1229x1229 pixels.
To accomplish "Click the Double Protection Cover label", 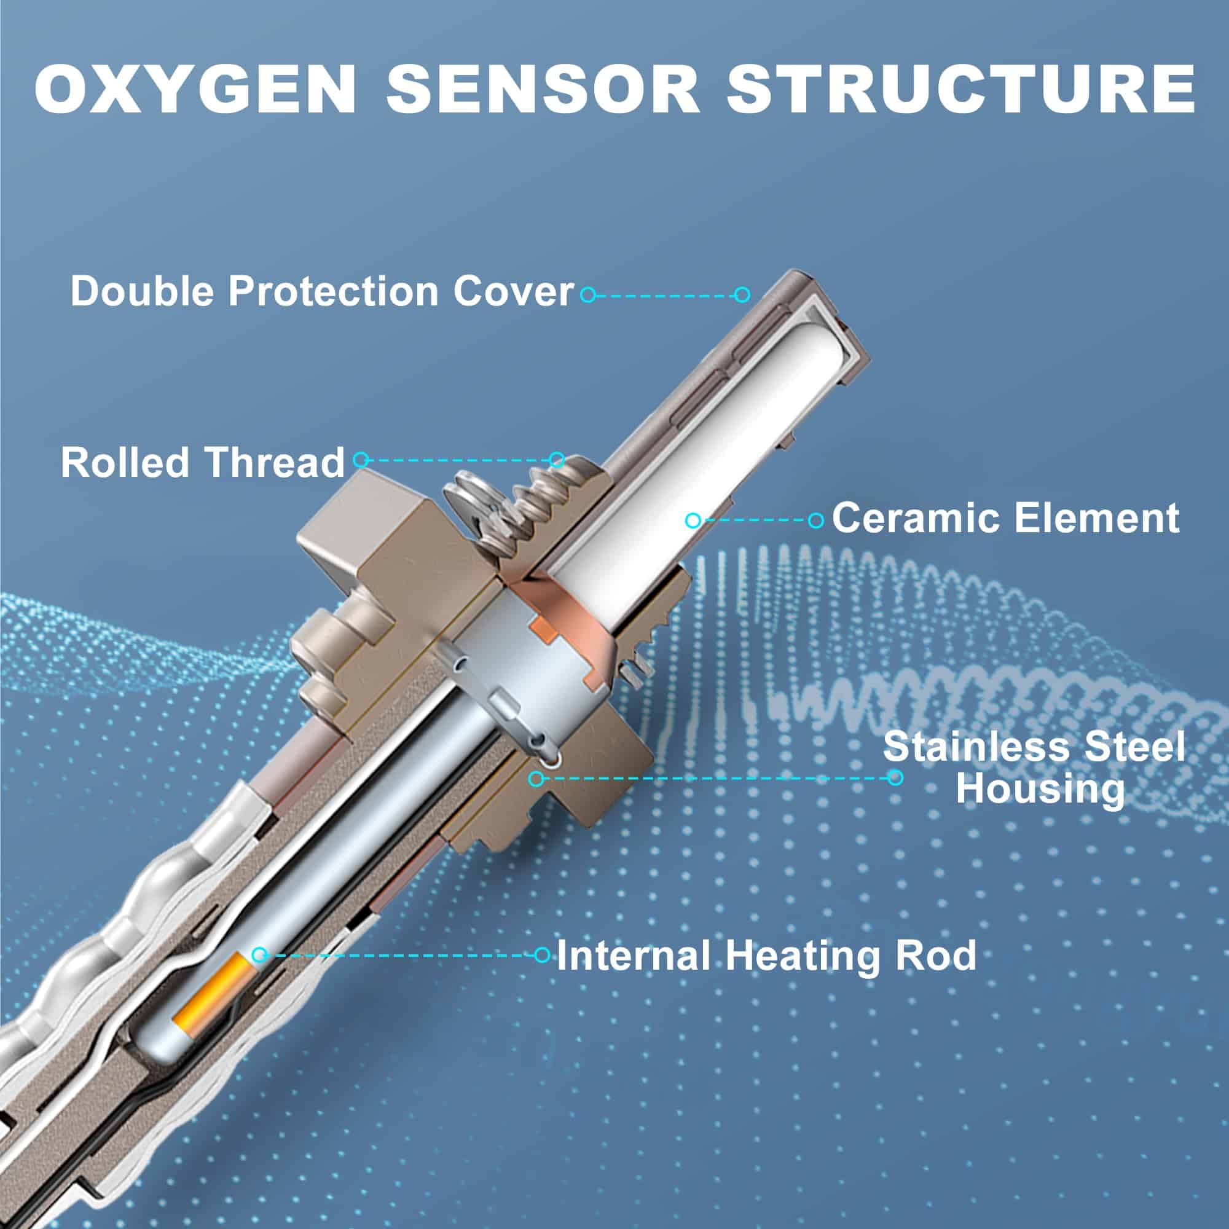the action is coord(322,292).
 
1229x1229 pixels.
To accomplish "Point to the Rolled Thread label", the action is coord(203,463).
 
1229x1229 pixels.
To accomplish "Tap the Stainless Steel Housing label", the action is coord(1034,768).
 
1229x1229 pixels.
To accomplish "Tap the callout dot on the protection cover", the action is coord(742,294).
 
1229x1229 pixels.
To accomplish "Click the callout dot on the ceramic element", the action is coord(693,520).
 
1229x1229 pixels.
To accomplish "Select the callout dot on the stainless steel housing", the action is coord(536,777).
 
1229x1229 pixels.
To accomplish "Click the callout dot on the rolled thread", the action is coord(557,458).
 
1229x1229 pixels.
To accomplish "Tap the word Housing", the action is coord(1041,790).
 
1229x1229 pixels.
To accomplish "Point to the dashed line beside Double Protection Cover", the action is coord(665,294).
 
